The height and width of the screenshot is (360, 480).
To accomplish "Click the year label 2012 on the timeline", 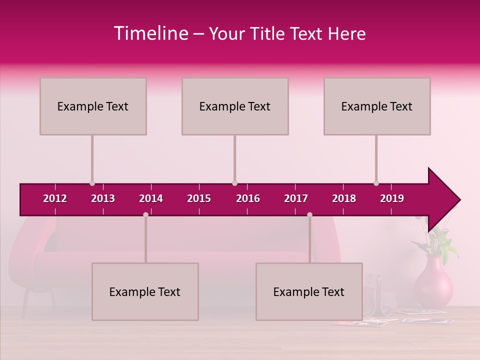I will [55, 198].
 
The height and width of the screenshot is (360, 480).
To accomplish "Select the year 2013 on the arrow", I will [103, 198].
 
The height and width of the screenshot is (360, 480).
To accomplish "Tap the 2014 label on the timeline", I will [151, 198].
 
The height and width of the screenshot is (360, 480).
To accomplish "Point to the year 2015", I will [199, 198].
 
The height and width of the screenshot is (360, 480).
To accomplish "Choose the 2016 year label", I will [248, 198].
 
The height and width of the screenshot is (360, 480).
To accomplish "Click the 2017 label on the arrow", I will [296, 198].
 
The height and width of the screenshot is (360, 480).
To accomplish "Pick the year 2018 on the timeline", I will [344, 198].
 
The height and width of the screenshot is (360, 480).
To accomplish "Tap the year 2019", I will [392, 198].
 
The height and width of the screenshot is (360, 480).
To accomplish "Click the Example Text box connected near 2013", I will [93, 106].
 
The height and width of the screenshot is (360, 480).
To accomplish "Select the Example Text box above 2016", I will [235, 106].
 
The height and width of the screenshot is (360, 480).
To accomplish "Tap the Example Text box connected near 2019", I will [377, 106].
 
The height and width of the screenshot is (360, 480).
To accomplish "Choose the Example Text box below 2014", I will [145, 291].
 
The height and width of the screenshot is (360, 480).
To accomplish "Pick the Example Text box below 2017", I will [309, 291].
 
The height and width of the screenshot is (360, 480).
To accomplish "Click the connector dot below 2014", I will [145, 214].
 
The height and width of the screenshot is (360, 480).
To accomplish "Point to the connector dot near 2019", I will [376, 183].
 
